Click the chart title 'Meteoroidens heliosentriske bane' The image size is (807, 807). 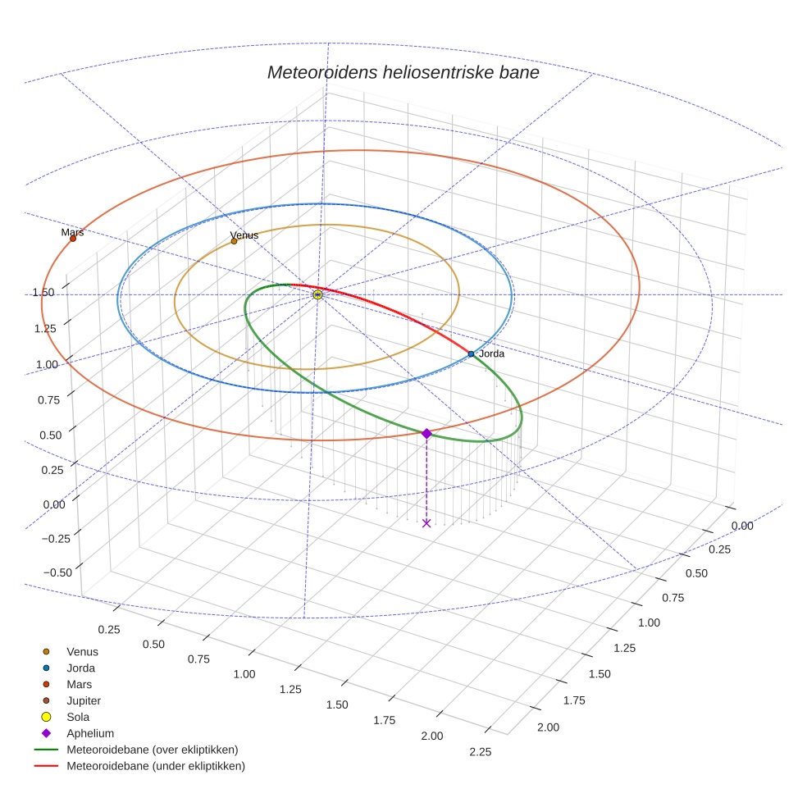403,72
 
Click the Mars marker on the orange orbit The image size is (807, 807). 73,239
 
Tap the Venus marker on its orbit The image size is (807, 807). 234,241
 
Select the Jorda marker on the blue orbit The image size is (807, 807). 471,353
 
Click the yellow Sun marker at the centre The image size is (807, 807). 318,294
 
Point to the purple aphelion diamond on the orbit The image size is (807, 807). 426,433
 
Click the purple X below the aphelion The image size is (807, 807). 426,522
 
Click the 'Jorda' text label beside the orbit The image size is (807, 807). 491,353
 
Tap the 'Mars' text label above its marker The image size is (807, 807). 72,232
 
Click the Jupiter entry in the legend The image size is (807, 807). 83,700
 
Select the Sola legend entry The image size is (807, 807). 78,717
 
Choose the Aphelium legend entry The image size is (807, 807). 89,733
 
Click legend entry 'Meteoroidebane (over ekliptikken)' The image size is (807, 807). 152,750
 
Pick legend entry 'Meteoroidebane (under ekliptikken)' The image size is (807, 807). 155,766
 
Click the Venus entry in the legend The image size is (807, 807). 82,651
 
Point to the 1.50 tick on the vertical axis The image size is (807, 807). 43,293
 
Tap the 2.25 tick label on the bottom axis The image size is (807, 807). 479,752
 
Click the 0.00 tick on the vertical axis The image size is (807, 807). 54,504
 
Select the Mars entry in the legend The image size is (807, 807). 79,684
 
